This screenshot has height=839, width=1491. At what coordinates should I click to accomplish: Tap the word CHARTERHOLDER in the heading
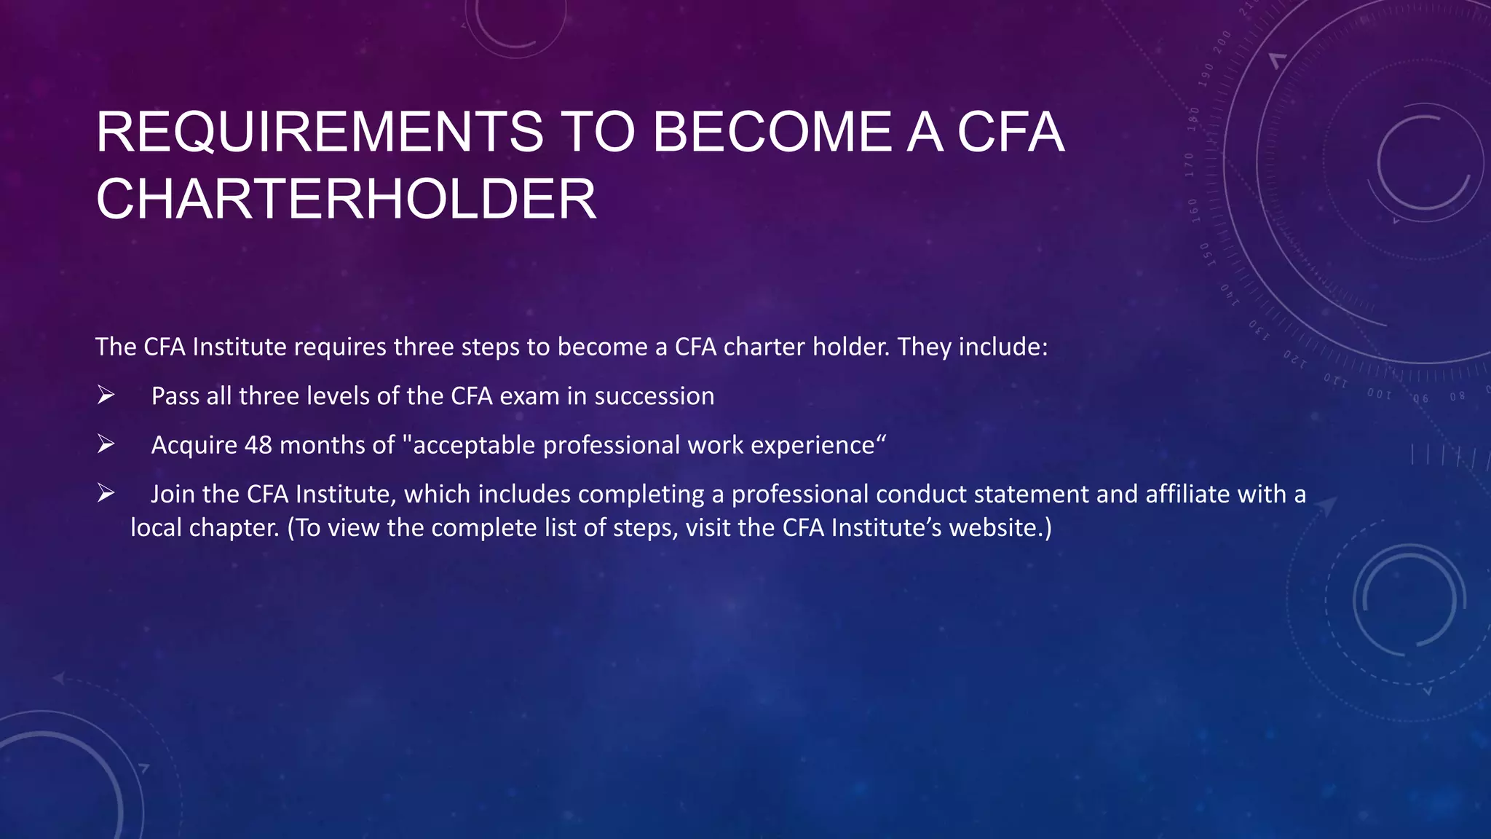[346, 199]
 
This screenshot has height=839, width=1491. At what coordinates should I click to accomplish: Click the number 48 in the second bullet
[258, 445]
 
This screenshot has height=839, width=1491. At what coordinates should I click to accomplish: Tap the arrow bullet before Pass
[106, 395]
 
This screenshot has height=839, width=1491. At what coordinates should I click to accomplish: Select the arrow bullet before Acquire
[106, 444]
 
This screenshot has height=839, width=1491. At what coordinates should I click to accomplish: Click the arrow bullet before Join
[106, 494]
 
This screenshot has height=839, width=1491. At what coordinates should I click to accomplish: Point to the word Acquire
[194, 445]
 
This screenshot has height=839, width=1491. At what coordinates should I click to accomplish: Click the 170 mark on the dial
[1190, 165]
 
